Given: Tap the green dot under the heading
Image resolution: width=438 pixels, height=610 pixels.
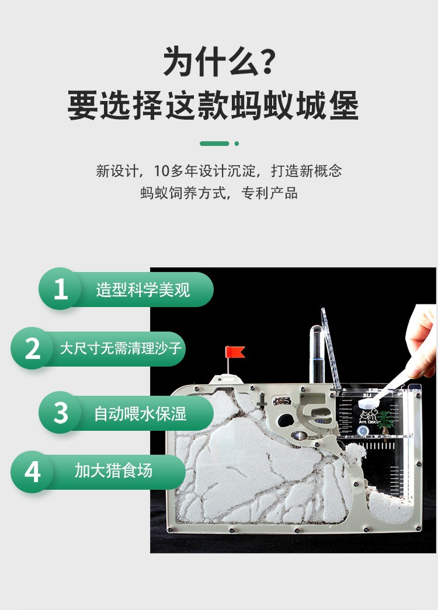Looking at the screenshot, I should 237,143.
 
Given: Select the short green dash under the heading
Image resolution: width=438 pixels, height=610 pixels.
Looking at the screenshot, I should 214,143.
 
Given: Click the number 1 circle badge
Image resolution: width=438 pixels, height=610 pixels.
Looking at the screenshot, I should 60,289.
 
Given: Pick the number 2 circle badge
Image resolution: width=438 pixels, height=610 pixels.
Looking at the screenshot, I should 32,348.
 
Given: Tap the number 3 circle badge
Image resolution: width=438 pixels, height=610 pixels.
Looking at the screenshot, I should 60,412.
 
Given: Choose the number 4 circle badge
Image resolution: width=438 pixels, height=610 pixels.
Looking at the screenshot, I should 32,472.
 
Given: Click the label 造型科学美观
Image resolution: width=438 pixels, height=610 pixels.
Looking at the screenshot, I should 143,290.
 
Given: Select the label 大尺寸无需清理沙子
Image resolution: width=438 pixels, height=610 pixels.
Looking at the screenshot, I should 121,349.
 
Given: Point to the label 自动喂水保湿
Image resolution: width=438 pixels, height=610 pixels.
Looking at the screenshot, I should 140,413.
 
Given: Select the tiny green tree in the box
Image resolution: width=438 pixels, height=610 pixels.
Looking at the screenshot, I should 384,418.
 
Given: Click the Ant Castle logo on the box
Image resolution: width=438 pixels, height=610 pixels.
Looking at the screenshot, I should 369,416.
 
